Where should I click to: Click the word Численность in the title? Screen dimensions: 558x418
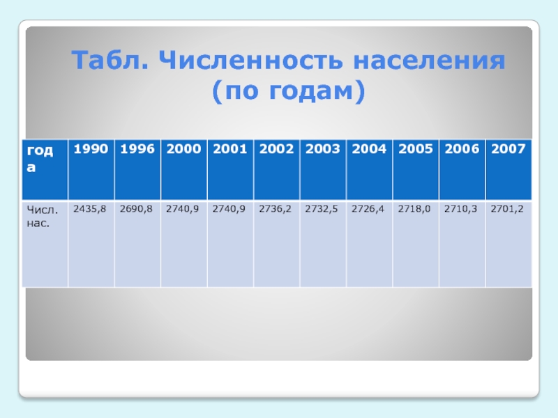pos(251,60)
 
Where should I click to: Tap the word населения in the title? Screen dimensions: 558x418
pos(429,61)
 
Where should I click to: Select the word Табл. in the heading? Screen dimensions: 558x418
pos(110,60)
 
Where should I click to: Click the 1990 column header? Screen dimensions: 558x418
pos(91,149)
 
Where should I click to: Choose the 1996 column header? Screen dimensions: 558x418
pos(137,149)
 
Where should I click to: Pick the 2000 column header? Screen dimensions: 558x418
pos(183,149)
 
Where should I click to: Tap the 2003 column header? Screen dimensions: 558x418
pos(323,149)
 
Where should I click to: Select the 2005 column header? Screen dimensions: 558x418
pos(416,149)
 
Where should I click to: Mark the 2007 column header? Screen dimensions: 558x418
pos(508,149)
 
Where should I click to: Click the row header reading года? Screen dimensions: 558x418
pos(40,159)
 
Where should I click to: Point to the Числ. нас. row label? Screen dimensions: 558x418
pos(42,217)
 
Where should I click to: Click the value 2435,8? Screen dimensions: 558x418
pos(90,209)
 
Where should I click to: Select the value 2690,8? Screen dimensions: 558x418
pos(136,209)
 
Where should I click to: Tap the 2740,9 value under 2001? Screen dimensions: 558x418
pos(229,209)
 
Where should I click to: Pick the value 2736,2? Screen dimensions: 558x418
pos(275,209)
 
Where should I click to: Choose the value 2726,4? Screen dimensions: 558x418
pos(368,209)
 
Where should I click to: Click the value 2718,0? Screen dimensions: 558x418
pos(414,209)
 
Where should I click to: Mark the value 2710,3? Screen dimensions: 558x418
pos(460,209)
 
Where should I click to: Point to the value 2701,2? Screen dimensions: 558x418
pos(507,209)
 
